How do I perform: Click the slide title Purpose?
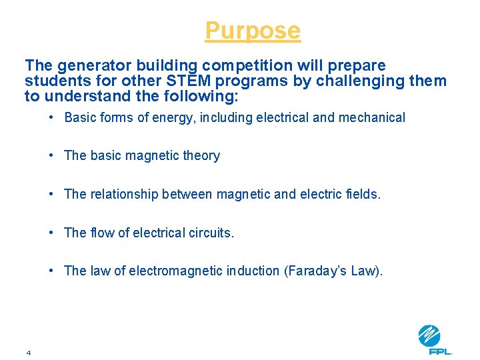click(x=253, y=31)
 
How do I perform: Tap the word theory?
click(x=201, y=156)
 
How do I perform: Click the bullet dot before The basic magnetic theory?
click(x=51, y=156)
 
